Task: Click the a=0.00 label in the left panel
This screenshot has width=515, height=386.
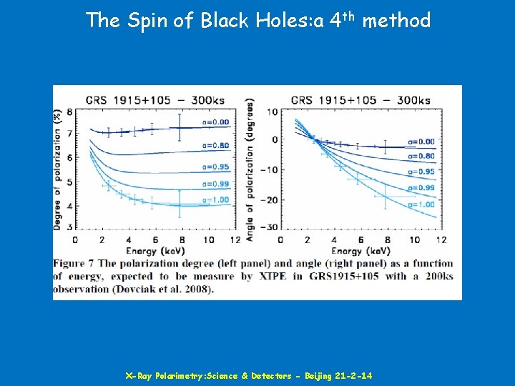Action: [215, 122]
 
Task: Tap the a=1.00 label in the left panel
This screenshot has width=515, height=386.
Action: [215, 199]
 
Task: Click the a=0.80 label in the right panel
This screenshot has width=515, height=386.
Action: [420, 156]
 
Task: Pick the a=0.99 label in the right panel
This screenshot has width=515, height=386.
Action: [420, 188]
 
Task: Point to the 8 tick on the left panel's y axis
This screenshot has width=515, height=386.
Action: [69, 112]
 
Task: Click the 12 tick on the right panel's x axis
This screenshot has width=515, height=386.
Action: [441, 239]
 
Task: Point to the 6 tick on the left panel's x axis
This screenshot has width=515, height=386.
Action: [154, 239]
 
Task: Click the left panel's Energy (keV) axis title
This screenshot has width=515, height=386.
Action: [155, 251]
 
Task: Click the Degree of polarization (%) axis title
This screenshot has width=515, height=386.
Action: [57, 170]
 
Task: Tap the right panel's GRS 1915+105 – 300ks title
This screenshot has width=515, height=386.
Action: [360, 100]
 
